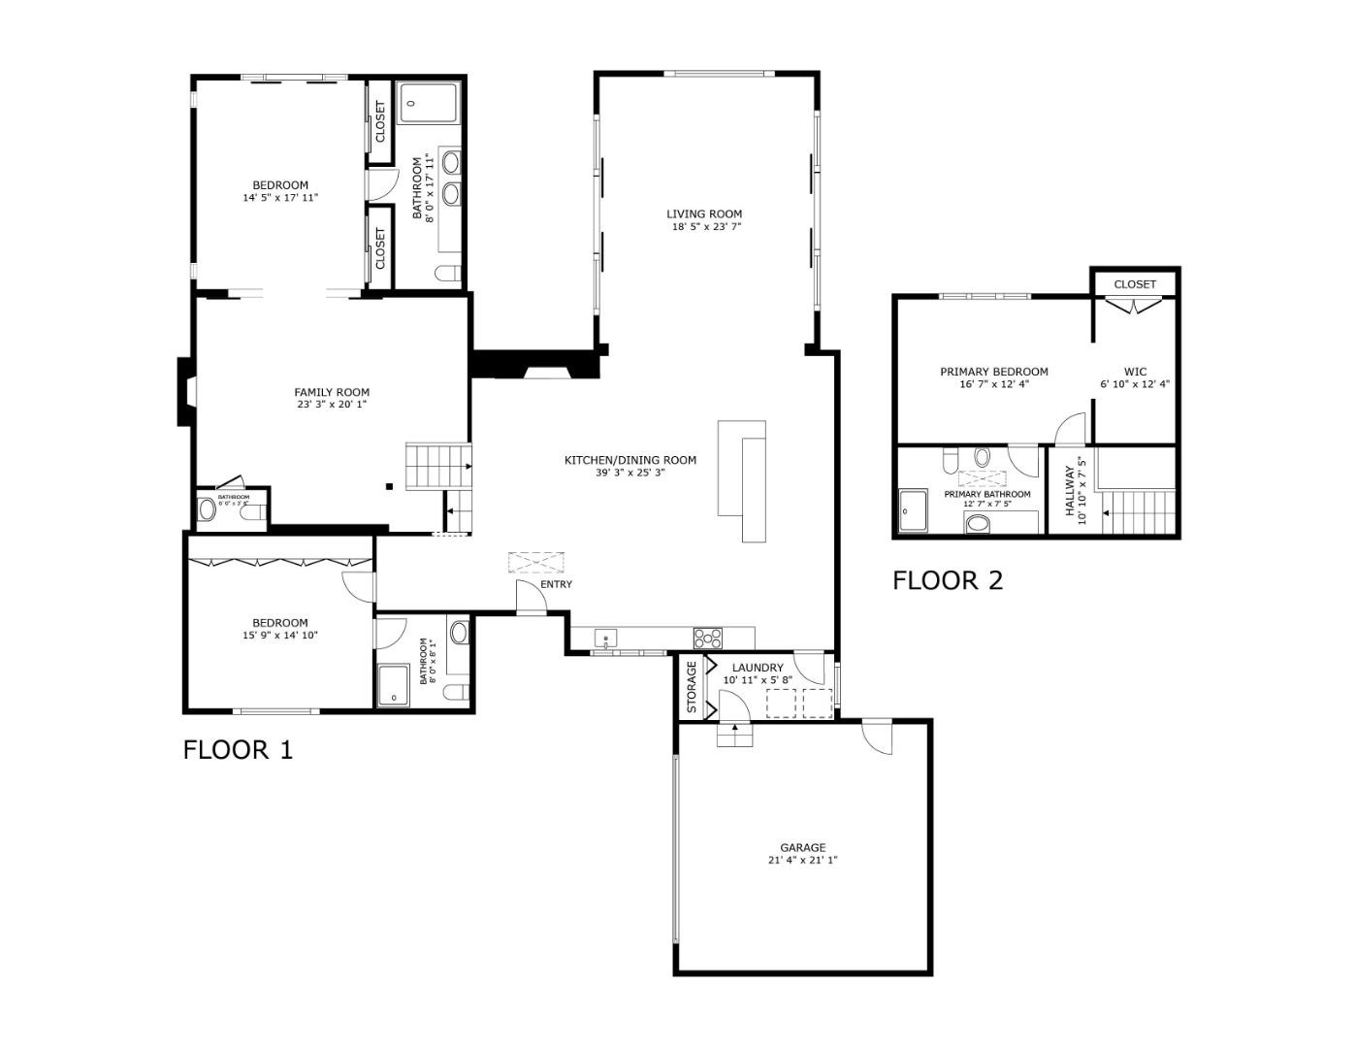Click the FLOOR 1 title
(238, 749)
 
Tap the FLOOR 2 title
(948, 580)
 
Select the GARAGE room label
(802, 847)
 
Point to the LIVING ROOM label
(703, 214)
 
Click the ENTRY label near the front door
(556, 584)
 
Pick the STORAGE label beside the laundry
(692, 687)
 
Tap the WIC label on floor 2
(1135, 372)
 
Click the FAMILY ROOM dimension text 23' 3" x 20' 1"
(332, 405)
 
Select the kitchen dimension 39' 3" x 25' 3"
(630, 473)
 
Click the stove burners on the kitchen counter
(708, 638)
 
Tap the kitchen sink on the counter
(606, 639)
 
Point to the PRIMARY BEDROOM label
(993, 372)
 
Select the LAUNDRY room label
(758, 668)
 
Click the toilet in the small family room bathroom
(207, 508)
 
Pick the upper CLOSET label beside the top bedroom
(380, 120)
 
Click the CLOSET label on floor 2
(1135, 284)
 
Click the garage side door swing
(878, 738)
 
